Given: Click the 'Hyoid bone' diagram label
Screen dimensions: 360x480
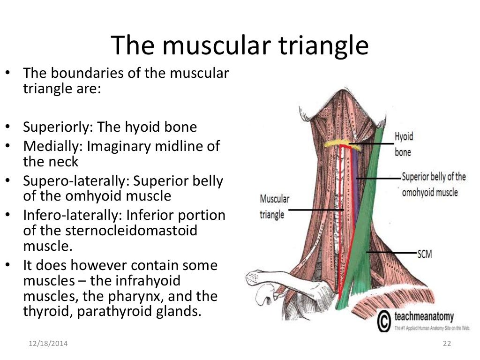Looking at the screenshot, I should pyautogui.click(x=404, y=144).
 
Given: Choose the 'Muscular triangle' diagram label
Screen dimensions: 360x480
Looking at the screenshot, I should pyautogui.click(x=275, y=207).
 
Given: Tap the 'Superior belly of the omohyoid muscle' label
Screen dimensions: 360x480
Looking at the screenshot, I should pyautogui.click(x=433, y=184).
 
